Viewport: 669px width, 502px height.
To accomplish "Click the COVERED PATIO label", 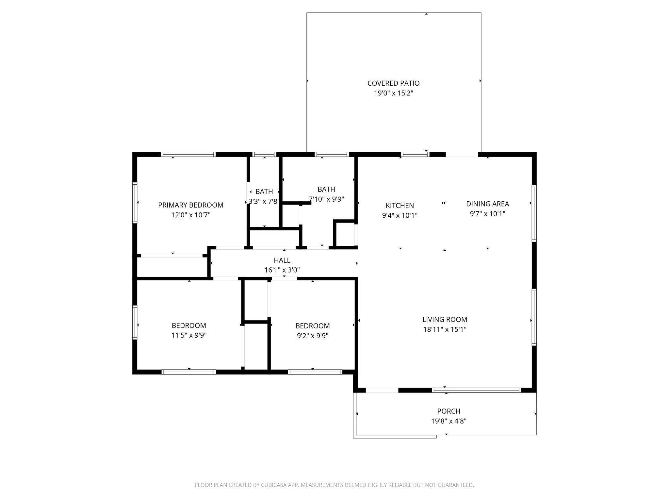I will (393, 83).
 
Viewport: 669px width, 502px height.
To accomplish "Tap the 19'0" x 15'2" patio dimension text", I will (393, 93).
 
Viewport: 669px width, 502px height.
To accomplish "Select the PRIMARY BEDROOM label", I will (191, 205).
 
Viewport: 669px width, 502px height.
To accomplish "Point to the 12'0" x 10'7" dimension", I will (191, 215).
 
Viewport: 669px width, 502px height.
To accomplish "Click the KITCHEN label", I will (400, 206).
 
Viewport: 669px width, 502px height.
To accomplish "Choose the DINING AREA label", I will (487, 204).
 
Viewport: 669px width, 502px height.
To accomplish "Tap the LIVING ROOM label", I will (445, 319).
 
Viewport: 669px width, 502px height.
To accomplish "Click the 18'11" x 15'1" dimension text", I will (445, 329).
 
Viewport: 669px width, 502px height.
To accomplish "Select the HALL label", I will (282, 260).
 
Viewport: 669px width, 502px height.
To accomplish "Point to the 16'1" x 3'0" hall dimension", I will (282, 270).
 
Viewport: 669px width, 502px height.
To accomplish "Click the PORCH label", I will (449, 411).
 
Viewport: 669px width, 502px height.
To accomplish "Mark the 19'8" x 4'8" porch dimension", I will (449, 421).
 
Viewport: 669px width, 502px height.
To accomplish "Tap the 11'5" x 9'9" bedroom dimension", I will (189, 335).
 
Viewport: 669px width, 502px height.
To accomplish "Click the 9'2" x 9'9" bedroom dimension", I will (312, 336).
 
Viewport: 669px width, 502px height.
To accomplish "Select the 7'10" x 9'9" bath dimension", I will (326, 199).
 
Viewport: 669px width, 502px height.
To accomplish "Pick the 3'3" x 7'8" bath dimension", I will (264, 201).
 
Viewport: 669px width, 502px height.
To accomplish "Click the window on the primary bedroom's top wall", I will (188, 155).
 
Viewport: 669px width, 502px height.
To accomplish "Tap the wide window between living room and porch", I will (476, 390).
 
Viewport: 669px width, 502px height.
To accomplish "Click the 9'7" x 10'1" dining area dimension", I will (487, 214).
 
